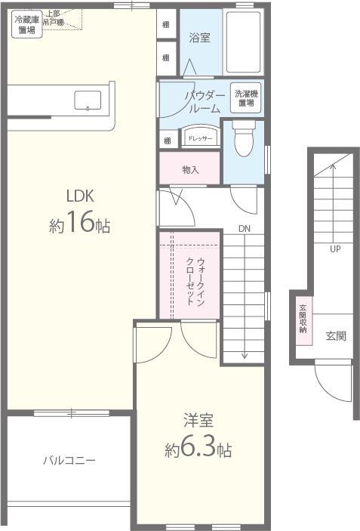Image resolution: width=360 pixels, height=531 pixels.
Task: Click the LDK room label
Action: [78, 196]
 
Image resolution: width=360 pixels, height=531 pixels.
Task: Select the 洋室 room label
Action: [198, 420]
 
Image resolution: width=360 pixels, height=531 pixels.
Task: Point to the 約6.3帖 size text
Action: [198, 450]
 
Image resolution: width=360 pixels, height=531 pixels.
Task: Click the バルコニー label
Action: [69, 460]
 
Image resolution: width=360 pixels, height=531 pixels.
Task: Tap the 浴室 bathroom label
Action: [199, 36]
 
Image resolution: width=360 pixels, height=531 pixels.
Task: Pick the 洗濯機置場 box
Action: [245, 97]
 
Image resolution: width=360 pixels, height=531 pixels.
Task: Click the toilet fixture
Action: [244, 140]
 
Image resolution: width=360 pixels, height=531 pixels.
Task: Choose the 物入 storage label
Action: [190, 170]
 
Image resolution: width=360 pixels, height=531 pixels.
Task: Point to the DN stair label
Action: [245, 229]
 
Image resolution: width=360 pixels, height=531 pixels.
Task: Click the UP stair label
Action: [334, 249]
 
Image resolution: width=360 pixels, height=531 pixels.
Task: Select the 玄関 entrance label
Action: [337, 335]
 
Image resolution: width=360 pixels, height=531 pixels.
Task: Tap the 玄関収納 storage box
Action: [303, 319]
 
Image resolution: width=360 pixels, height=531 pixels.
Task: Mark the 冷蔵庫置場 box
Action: [26, 26]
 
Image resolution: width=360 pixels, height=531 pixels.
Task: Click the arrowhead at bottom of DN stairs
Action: [245, 355]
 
